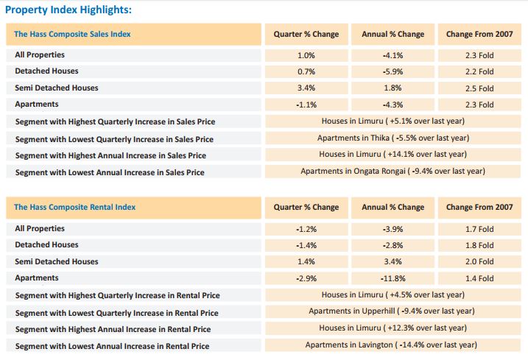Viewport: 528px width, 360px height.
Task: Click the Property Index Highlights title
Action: (x=69, y=10)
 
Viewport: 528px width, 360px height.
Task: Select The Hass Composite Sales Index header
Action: (x=73, y=34)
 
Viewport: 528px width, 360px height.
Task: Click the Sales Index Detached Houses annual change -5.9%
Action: (x=393, y=71)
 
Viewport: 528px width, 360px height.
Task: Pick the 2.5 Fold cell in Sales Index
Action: (x=480, y=88)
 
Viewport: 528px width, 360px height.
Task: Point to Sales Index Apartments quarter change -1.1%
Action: (x=306, y=105)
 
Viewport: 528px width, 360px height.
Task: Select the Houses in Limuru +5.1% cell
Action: (x=393, y=121)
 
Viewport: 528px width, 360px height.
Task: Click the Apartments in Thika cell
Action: (x=393, y=138)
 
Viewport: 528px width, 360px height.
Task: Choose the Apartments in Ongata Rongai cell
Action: (x=393, y=171)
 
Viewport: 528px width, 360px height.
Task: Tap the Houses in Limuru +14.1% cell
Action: (x=393, y=154)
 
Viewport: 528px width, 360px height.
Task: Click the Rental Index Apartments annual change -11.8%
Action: (x=393, y=278)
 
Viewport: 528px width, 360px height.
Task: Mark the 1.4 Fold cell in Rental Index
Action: (x=480, y=278)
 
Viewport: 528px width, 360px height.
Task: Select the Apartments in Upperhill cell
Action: (x=393, y=311)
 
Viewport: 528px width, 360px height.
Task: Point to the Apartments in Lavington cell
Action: (x=393, y=345)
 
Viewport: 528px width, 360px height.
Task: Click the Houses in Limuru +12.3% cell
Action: (x=393, y=328)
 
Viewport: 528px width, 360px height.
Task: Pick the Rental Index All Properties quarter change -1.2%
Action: (x=306, y=228)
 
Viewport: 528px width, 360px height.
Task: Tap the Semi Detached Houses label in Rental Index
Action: (x=57, y=261)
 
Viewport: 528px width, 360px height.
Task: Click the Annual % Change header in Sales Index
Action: (x=393, y=34)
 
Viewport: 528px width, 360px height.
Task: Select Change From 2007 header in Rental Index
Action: (x=480, y=207)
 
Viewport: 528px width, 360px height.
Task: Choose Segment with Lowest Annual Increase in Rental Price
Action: (x=112, y=346)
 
